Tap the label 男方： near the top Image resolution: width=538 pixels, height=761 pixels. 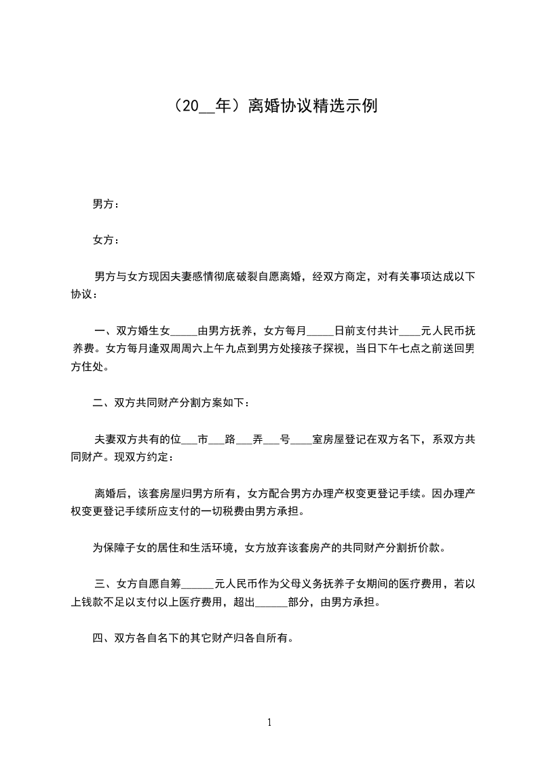click(106, 203)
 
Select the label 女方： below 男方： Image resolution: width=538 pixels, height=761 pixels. click(106, 240)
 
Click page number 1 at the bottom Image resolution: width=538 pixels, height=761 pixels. click(269, 722)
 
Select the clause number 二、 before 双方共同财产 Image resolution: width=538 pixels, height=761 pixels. click(103, 404)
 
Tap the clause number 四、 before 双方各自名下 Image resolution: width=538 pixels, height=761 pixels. click(103, 638)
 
